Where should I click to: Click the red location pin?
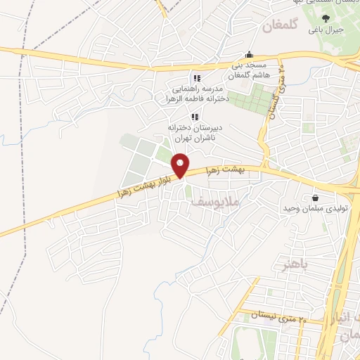[181, 165]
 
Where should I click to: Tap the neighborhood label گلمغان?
[281, 27]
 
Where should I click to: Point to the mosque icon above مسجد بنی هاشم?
[248, 55]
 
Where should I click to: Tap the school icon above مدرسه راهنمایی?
[197, 78]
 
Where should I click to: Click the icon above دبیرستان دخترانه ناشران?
[190, 116]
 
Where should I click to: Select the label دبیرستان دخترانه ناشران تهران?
[190, 133]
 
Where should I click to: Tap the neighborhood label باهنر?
[295, 264]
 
